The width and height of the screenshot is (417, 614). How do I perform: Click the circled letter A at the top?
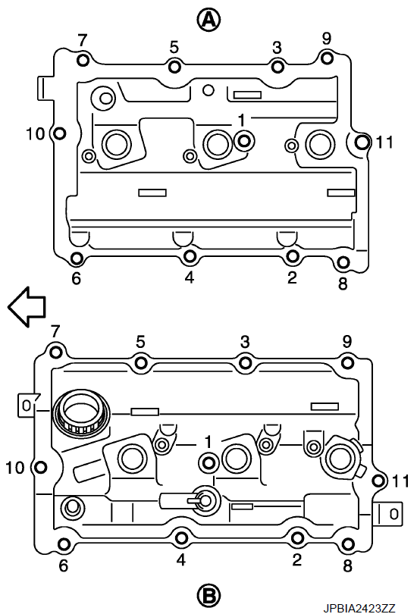208,20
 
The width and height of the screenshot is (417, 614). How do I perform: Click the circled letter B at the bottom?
208,597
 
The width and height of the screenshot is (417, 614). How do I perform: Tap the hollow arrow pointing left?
27,306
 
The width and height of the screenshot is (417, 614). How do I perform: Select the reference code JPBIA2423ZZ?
359,608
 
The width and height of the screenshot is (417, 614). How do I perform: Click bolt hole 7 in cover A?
83,61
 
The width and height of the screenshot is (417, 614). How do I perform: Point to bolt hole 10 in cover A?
59,133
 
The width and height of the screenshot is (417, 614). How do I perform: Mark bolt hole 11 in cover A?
362,142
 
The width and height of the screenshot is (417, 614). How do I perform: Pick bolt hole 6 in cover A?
77,258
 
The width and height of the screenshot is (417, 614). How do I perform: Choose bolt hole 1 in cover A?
245,140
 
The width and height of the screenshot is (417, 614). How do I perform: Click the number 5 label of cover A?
174,48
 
